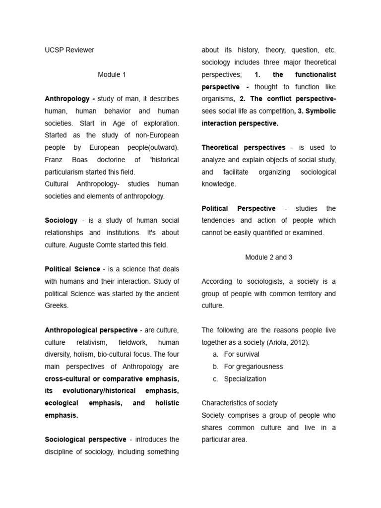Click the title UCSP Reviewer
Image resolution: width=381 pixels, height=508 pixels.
tap(69, 50)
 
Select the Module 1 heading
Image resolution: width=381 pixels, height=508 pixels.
tap(112, 74)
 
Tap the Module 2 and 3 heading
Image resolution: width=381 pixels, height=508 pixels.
tap(268, 257)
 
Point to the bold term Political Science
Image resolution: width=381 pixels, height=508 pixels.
tap(72, 269)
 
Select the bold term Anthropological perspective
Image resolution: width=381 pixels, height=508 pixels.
tap(91, 330)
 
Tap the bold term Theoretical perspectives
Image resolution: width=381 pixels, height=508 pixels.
tap(243, 147)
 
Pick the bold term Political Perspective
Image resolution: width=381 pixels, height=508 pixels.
tap(238, 208)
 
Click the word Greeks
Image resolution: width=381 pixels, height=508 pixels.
tap(56, 306)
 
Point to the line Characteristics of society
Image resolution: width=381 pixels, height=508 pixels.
tap(240, 403)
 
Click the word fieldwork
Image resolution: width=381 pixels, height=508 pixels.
tap(132, 342)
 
